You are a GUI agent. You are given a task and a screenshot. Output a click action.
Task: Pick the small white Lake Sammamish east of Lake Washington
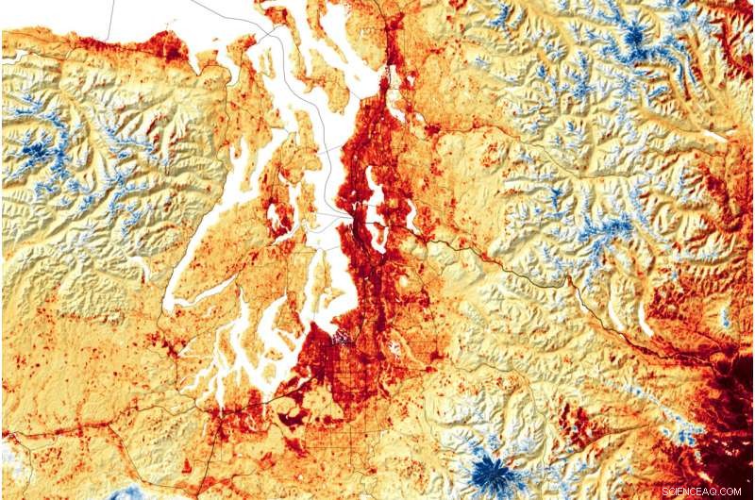[411, 218]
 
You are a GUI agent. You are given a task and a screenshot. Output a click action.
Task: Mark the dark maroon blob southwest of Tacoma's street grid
[294, 412]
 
